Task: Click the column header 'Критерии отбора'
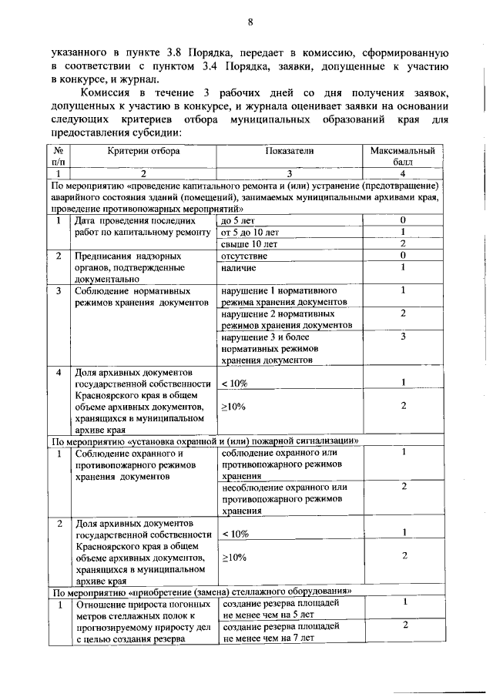click(144, 151)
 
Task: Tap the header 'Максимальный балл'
click(403, 156)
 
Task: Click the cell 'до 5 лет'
click(238, 220)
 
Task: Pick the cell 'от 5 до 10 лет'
click(250, 232)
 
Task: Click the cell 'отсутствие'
click(244, 256)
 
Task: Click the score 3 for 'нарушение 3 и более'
click(403, 337)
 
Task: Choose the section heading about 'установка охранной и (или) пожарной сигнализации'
click(206, 441)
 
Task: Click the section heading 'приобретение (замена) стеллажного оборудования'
click(202, 591)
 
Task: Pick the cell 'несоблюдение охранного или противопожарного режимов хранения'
click(284, 498)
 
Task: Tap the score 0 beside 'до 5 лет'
click(403, 220)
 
